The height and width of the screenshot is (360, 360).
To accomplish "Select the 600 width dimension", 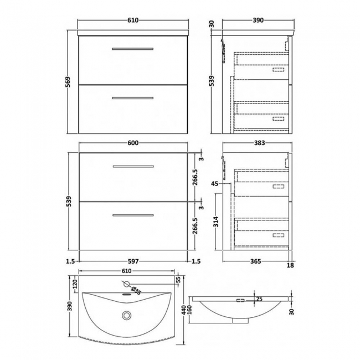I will coord(132,143).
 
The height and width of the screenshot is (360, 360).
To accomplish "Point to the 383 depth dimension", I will coord(258,143).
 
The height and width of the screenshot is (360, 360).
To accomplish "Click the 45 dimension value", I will coord(215,184).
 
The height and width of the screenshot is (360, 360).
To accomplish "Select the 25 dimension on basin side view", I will coord(259,300).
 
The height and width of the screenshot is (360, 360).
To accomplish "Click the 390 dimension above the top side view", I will coord(258,20).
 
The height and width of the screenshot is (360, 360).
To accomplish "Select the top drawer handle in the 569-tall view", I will coord(132,49).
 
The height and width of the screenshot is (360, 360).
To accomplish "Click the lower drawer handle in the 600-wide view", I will coord(132,215).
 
